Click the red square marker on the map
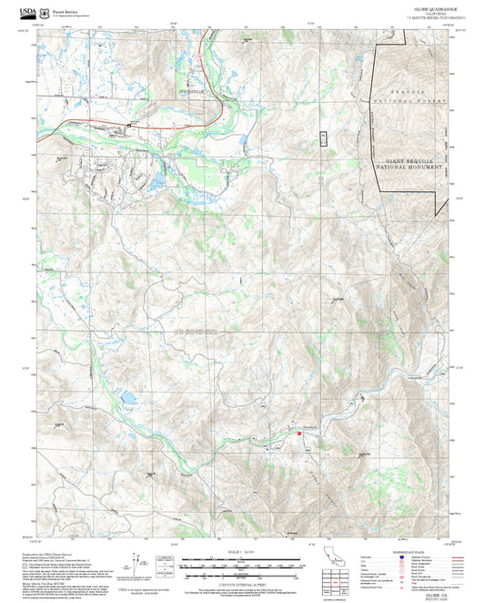[x=298, y=434]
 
